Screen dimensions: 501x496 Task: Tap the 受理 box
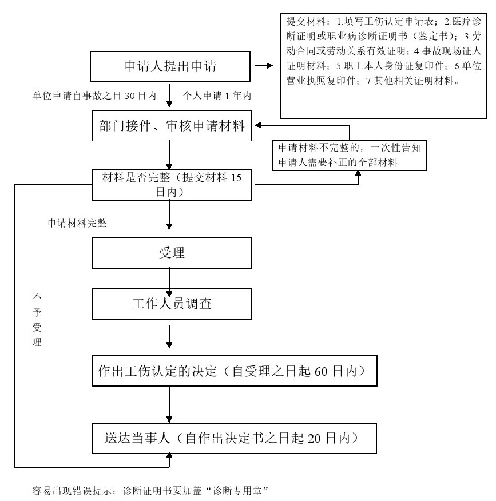click(x=172, y=252)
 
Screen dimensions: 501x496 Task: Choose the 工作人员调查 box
click(x=172, y=304)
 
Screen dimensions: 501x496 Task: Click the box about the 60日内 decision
click(x=236, y=372)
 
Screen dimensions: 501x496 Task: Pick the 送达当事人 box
click(x=236, y=439)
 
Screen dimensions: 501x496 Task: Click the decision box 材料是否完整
click(x=172, y=185)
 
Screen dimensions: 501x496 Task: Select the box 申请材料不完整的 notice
click(x=349, y=154)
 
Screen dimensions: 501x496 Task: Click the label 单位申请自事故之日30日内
click(x=94, y=96)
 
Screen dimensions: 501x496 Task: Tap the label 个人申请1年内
click(x=216, y=96)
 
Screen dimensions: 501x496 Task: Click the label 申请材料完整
click(x=77, y=223)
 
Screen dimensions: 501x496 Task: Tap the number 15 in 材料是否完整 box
click(x=236, y=178)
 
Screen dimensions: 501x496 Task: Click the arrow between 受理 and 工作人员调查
click(x=170, y=279)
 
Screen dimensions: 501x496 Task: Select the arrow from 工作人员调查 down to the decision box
click(x=170, y=337)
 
